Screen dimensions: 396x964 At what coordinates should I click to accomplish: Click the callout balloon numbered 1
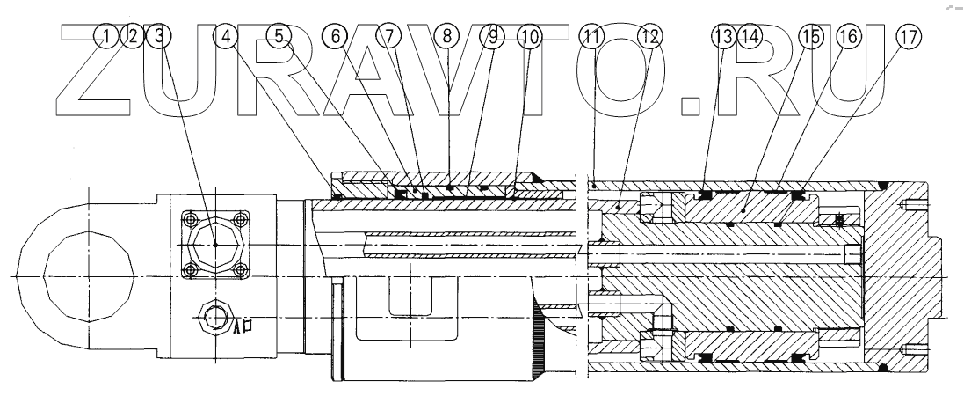pyautogui.click(x=107, y=37)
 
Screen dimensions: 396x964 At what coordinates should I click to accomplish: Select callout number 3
pyautogui.click(x=160, y=37)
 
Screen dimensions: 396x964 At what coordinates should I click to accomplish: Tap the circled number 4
pyautogui.click(x=228, y=37)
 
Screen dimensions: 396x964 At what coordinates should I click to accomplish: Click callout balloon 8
pyautogui.click(x=447, y=37)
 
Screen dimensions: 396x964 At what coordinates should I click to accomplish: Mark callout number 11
pyautogui.click(x=593, y=37)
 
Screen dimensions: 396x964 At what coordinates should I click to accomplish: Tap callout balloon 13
pyautogui.click(x=723, y=37)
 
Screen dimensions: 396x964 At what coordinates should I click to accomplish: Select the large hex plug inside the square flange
pyautogui.click(x=215, y=244)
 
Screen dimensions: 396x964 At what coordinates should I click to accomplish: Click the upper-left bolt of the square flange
pyautogui.click(x=187, y=216)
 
